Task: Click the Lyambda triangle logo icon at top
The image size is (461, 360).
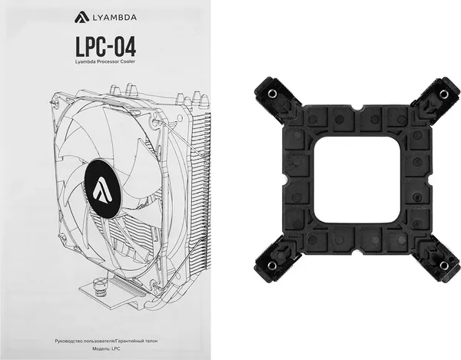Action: pyautogui.click(x=81, y=17)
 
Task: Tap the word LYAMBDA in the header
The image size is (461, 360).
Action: pyautogui.click(x=114, y=18)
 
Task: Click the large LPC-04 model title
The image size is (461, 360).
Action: pyautogui.click(x=106, y=47)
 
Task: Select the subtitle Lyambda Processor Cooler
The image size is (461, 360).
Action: pyautogui.click(x=105, y=62)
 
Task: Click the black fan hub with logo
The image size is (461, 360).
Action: pyautogui.click(x=103, y=188)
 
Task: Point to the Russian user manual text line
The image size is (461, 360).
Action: pyautogui.click(x=106, y=341)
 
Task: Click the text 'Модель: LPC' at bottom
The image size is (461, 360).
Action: pyautogui.click(x=106, y=348)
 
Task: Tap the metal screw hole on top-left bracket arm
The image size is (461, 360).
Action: pyautogui.click(x=271, y=94)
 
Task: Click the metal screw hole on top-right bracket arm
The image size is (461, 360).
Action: pyautogui.click(x=443, y=94)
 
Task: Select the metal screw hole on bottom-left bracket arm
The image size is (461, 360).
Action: pyautogui.click(x=271, y=265)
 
